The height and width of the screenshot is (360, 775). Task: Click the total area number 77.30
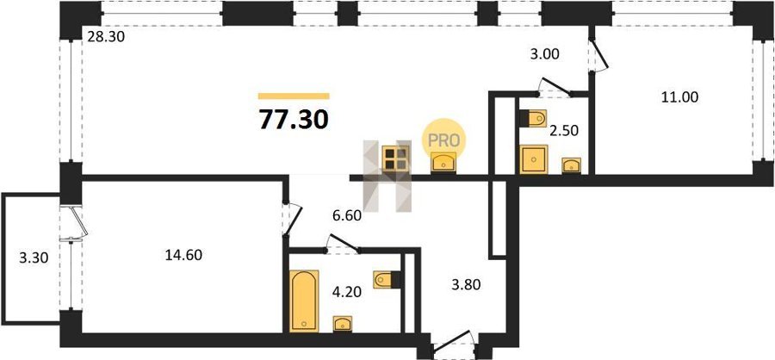(294, 120)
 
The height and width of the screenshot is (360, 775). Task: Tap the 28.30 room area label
(106, 36)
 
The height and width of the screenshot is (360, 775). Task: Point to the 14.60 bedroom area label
(184, 255)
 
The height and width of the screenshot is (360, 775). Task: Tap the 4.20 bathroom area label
(348, 292)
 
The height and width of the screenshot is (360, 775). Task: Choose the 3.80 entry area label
(466, 284)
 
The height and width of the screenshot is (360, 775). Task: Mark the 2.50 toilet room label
(563, 131)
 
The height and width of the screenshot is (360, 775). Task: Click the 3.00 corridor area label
(545, 53)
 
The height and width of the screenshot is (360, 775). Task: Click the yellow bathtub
(304, 301)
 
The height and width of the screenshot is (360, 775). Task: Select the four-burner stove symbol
(395, 158)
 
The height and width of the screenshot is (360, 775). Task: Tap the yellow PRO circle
(443, 140)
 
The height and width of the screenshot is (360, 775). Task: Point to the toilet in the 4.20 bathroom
(386, 279)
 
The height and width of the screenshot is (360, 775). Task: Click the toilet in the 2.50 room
(533, 118)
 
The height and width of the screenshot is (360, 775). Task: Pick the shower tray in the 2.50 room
(534, 159)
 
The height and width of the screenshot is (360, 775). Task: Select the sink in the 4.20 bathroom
(343, 324)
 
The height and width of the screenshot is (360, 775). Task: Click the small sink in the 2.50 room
(572, 165)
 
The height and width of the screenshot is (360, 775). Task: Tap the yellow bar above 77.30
(294, 96)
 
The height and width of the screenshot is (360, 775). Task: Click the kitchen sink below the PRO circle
(443, 163)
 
